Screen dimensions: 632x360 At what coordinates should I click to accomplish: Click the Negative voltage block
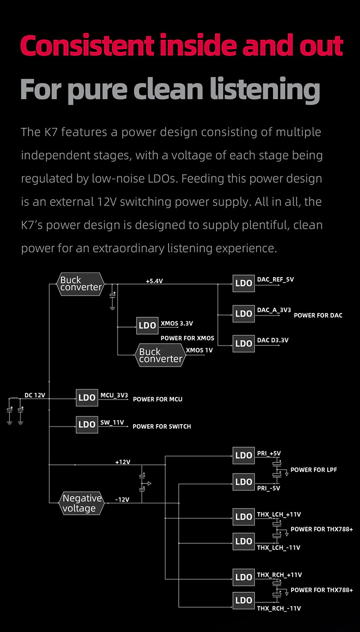[81, 504]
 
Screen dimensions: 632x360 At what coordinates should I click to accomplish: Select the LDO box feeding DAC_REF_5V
[243, 283]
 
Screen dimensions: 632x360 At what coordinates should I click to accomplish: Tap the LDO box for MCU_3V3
[87, 397]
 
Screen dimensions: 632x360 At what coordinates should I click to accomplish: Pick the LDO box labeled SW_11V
[87, 424]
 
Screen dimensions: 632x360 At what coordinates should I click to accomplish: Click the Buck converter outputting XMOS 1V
[160, 355]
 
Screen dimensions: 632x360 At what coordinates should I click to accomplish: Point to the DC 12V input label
[35, 395]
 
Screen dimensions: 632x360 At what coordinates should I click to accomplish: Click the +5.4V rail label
[154, 281]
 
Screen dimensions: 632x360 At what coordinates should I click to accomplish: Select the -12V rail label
[122, 499]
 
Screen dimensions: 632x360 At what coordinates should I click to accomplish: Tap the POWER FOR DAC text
[318, 315]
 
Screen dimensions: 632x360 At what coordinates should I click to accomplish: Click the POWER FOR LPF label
[314, 470]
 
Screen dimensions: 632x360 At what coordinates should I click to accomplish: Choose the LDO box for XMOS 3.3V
[147, 325]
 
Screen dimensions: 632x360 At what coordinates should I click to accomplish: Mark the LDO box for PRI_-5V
[243, 482]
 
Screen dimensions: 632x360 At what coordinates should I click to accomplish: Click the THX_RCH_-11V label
[279, 608]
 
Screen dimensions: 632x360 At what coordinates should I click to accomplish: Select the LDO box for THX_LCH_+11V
[243, 517]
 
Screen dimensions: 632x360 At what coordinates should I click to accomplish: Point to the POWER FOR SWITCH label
[162, 426]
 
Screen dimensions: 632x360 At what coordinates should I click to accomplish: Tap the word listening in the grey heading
[265, 89]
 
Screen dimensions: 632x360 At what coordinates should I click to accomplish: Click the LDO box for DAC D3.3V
[243, 343]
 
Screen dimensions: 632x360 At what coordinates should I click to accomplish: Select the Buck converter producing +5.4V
[81, 283]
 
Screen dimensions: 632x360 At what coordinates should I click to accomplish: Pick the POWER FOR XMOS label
[187, 339]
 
